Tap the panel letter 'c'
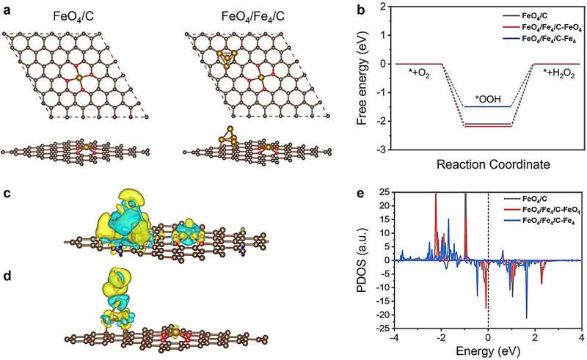tap(6, 194)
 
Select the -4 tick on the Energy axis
tap(395, 339)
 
